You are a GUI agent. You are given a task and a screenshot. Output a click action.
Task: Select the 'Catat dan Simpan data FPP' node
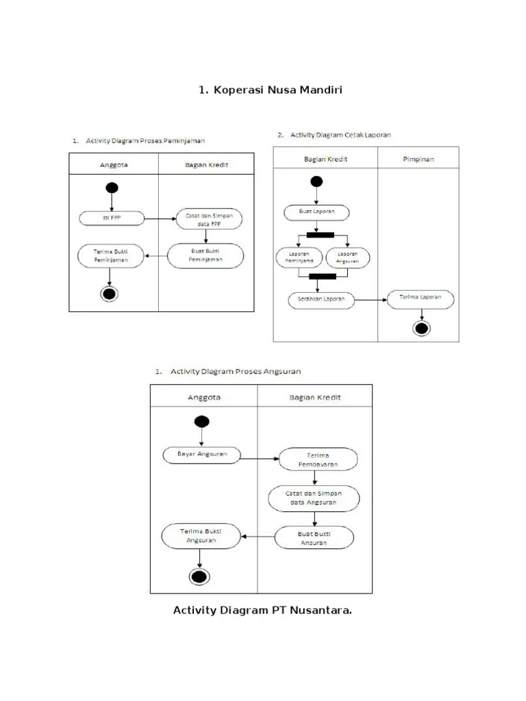[x=210, y=219]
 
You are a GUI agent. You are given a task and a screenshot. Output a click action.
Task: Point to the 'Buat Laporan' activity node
[x=316, y=212]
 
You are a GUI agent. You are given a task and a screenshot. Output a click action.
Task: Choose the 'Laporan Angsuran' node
[x=347, y=257]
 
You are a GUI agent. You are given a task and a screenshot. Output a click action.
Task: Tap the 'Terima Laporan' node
[x=421, y=297]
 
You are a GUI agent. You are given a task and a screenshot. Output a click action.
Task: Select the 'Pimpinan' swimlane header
[x=418, y=159]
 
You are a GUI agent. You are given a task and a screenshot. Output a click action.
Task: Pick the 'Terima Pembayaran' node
[x=317, y=459]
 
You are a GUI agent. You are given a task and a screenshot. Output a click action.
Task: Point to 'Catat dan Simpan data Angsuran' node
[x=315, y=498]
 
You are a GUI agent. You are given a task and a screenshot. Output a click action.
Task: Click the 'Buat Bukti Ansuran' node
[x=315, y=537]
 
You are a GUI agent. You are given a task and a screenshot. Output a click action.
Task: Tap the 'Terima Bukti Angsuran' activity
[x=201, y=535]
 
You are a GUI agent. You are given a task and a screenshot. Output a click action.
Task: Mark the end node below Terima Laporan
[x=421, y=329]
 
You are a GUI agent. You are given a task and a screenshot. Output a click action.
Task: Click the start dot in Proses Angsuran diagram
[x=202, y=422]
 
